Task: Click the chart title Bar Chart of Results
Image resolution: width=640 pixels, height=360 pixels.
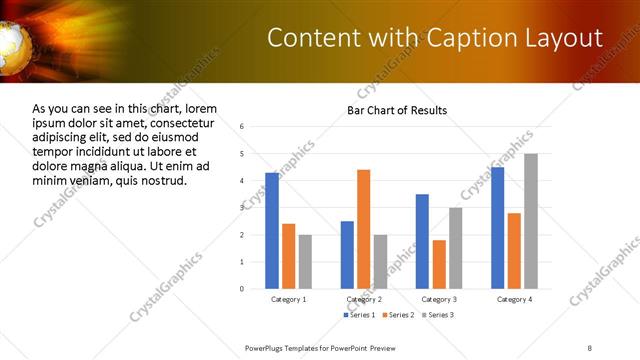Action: point(397,110)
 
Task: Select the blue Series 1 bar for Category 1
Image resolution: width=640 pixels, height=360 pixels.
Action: point(272,230)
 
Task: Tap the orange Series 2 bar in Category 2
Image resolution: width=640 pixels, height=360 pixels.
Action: point(363,228)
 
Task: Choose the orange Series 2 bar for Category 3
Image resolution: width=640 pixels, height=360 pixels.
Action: point(439,264)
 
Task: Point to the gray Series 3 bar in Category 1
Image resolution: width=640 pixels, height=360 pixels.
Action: point(305,261)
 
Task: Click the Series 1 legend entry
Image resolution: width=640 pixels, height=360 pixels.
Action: point(360,315)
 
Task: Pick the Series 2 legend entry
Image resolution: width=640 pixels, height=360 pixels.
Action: point(398,315)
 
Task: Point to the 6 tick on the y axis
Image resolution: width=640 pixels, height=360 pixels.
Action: point(242,127)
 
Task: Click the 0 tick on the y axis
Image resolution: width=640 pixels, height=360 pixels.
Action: point(242,288)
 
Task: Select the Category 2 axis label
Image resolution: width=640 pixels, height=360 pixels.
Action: point(363,299)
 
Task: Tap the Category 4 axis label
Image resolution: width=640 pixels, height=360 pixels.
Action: point(514,299)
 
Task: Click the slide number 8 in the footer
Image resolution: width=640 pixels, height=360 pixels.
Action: point(590,348)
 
